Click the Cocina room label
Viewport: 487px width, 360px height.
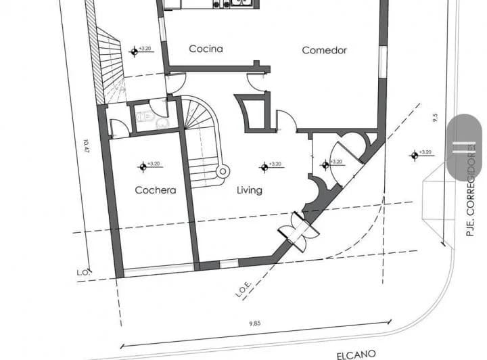206,49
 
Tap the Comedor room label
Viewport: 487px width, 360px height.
324,50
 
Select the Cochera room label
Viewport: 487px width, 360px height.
155,190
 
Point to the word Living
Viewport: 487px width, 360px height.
249,190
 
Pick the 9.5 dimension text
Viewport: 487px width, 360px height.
434,119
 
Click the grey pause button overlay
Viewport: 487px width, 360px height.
464,147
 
